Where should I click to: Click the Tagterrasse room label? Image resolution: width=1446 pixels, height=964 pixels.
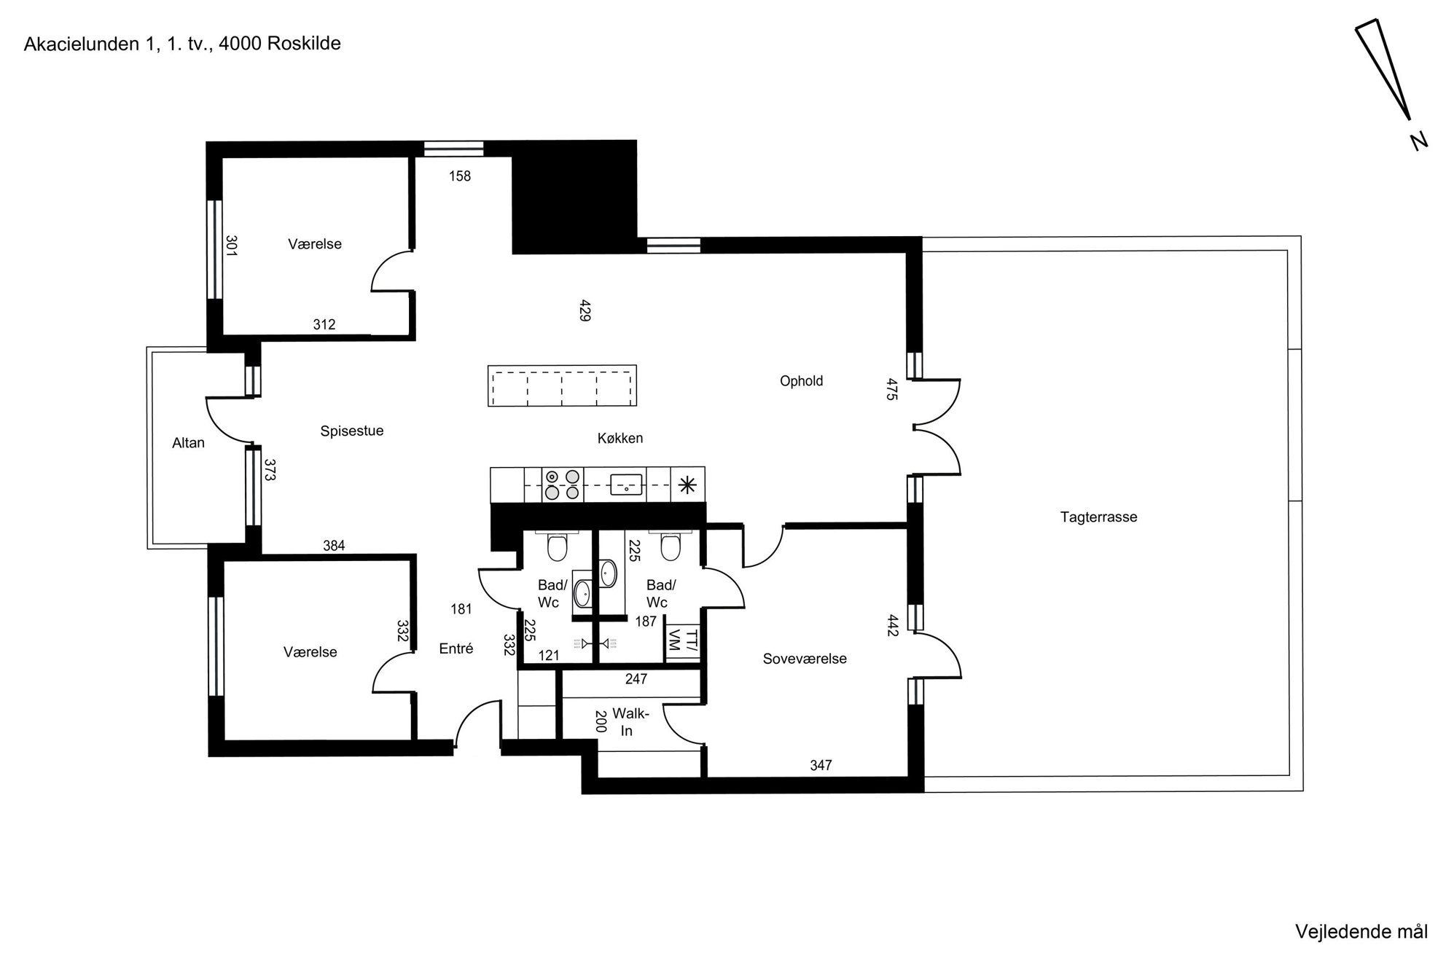pos(1098,517)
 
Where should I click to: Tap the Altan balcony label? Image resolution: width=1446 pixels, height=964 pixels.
pos(188,443)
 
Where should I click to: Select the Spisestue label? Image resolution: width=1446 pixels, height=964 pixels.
pos(352,431)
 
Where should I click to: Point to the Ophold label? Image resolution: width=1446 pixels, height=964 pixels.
pos(801,381)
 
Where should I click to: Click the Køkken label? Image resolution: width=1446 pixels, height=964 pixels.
pos(620,439)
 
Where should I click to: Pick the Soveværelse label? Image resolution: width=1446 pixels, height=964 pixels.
pos(805,659)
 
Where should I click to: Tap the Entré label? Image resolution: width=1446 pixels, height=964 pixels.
pos(456,648)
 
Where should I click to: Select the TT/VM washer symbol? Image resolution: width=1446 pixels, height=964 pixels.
pos(683,641)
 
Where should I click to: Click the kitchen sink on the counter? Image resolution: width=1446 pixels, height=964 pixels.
pos(626,484)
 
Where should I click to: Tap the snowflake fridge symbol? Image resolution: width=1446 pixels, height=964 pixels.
pos(687,485)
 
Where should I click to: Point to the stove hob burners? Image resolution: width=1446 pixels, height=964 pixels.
pos(563,485)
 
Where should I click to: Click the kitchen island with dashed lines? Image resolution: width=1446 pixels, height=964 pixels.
pos(562,385)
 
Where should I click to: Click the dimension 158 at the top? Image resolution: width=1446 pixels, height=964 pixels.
pos(460,176)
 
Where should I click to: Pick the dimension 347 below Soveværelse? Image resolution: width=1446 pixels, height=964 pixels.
pos(821,765)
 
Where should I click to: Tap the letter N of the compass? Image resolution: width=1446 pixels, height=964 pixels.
pos(1418,141)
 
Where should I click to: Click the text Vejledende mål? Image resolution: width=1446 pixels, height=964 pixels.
pos(1361,932)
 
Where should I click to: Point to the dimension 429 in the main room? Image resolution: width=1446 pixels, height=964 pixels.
pos(585,310)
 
